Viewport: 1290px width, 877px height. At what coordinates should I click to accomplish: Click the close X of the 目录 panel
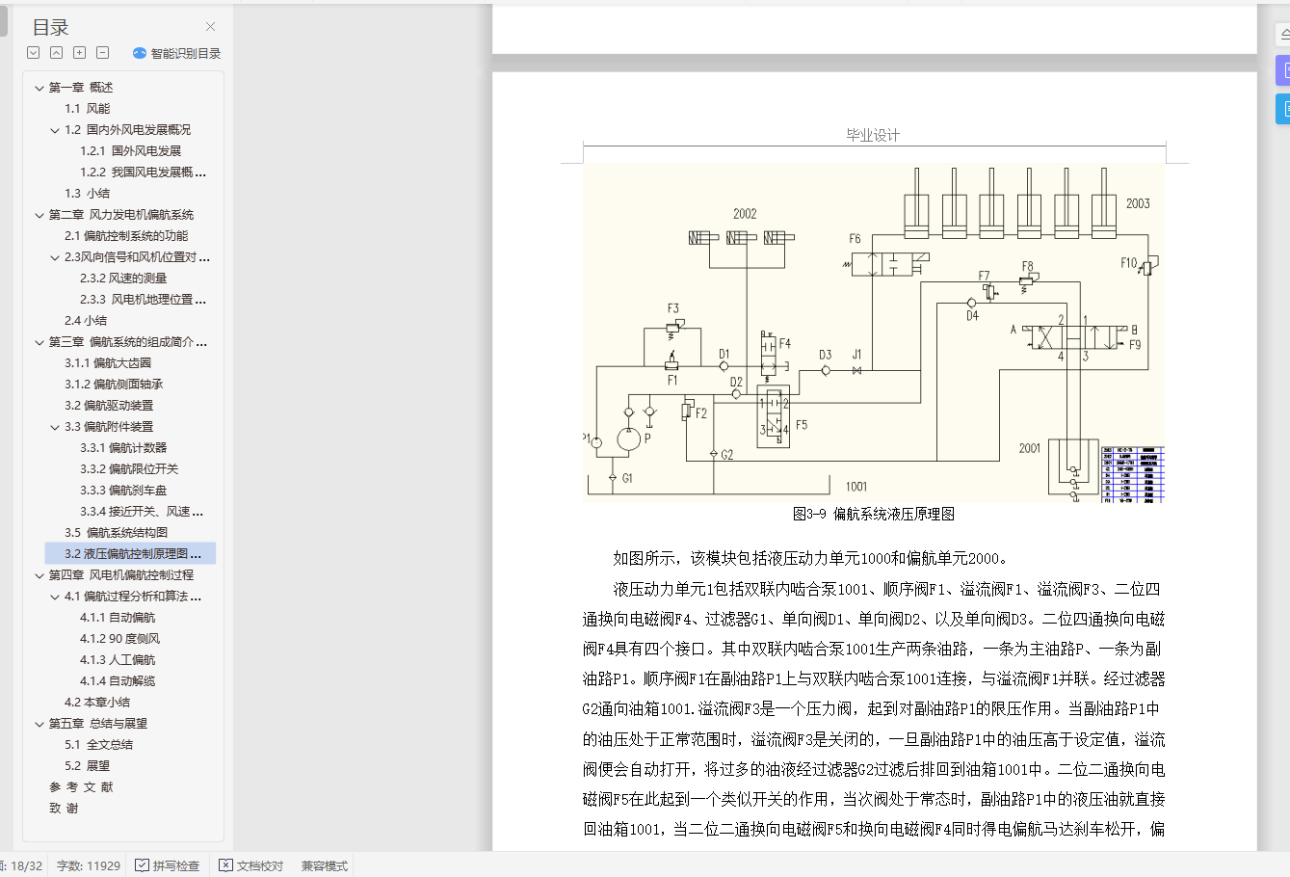(x=210, y=27)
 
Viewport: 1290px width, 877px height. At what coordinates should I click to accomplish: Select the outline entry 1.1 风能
(x=87, y=109)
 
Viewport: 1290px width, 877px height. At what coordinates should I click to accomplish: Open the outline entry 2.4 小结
(x=86, y=321)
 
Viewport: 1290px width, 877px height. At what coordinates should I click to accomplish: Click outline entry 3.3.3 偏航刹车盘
(x=123, y=491)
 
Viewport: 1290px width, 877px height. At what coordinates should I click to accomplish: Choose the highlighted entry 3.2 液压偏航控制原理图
(x=132, y=554)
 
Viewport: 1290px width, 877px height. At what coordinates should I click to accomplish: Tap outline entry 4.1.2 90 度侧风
(x=119, y=639)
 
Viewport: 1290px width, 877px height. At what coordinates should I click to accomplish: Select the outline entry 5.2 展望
(x=87, y=766)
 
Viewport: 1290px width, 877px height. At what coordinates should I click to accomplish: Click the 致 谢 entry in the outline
(x=65, y=809)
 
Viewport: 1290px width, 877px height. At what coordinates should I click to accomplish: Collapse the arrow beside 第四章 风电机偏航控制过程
(x=39, y=575)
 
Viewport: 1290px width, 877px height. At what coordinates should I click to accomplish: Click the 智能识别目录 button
(x=177, y=54)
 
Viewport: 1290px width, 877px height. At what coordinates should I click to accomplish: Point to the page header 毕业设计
(x=873, y=135)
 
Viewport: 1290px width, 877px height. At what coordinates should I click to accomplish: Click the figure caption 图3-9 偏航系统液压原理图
(x=873, y=515)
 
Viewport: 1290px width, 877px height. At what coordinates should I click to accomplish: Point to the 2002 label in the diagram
(x=745, y=214)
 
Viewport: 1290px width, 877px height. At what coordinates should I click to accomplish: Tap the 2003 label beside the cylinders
(x=1138, y=203)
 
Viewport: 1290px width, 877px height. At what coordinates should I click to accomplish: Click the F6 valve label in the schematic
(x=855, y=239)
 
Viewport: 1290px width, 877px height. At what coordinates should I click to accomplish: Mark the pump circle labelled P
(x=628, y=439)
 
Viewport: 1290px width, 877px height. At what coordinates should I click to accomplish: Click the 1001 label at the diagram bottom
(x=856, y=487)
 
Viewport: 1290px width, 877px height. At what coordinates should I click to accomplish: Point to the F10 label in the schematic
(x=1128, y=263)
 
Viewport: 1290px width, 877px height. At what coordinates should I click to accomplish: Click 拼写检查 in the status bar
(x=168, y=865)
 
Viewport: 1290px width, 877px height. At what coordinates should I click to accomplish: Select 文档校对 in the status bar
(x=251, y=865)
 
